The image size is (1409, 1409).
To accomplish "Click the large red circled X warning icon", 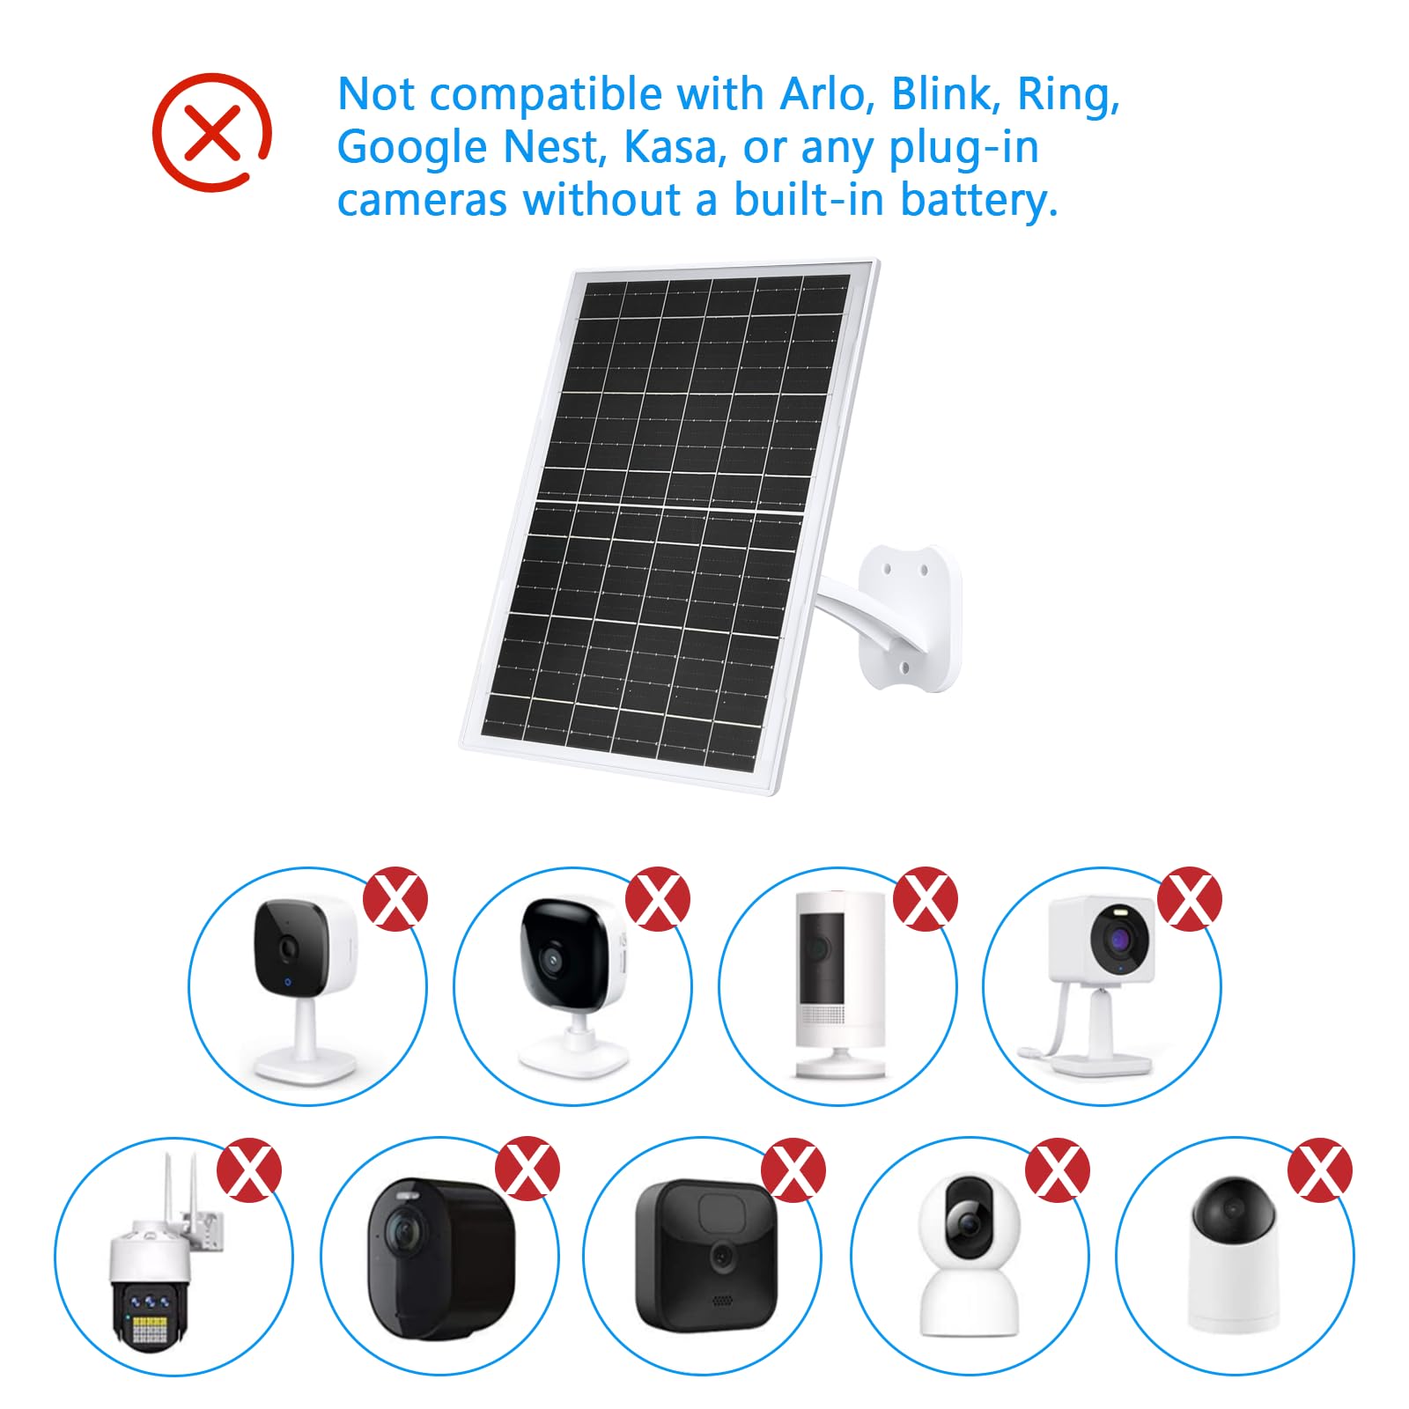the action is point(211,132).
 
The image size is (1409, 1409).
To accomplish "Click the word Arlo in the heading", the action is point(824,93).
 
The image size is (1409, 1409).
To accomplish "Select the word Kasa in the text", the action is point(674,147).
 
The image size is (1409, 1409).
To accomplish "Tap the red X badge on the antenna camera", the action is point(249,1169).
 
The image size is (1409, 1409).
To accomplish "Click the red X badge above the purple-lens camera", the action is point(1189,898).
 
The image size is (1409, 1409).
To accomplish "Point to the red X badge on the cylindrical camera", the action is point(925,898).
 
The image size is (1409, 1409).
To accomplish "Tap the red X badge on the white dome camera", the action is point(1319,1169).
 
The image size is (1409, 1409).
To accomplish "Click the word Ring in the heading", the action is point(1066,93).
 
